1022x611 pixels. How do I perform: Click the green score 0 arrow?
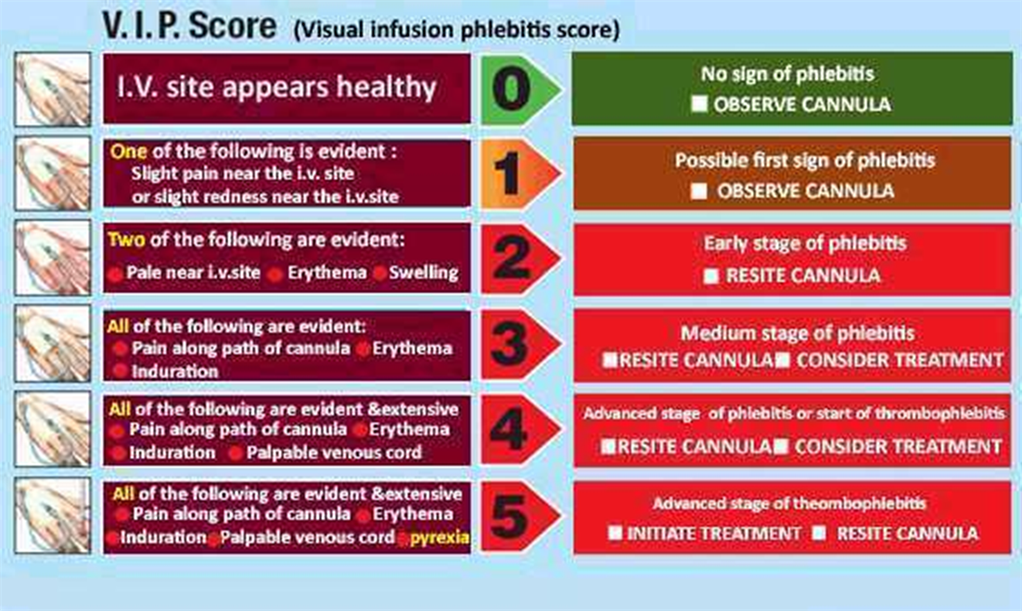pyautogui.click(x=520, y=89)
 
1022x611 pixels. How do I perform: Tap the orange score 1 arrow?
pyautogui.click(x=520, y=173)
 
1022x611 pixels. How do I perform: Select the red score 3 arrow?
pyautogui.click(x=520, y=345)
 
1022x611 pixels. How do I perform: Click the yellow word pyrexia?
pyautogui.click(x=440, y=538)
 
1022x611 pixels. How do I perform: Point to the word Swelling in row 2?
pyautogui.click(x=424, y=273)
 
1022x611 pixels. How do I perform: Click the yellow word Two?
pyautogui.click(x=126, y=240)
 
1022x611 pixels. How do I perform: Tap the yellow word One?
pyautogui.click(x=128, y=151)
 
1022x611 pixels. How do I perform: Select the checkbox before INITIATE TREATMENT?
pyautogui.click(x=615, y=533)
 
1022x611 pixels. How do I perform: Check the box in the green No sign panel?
pyautogui.click(x=698, y=104)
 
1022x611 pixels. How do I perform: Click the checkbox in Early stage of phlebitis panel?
pyautogui.click(x=710, y=276)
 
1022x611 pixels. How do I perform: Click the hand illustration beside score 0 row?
pyautogui.click(x=53, y=89)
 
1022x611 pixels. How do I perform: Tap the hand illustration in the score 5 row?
pyautogui.click(x=53, y=516)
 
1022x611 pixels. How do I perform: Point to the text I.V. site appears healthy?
pyautogui.click(x=277, y=87)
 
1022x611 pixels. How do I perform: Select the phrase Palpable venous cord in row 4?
pyautogui.click(x=334, y=452)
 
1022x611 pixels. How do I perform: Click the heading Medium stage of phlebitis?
pyautogui.click(x=798, y=334)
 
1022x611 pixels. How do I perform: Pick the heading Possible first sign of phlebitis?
pyautogui.click(x=805, y=160)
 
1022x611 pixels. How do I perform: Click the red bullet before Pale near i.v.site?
pyautogui.click(x=115, y=274)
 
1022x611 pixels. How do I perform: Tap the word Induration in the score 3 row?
pyautogui.click(x=174, y=371)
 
